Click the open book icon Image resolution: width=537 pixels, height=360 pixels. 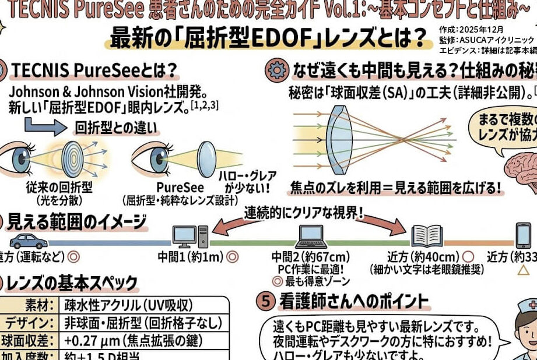click(427, 236)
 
